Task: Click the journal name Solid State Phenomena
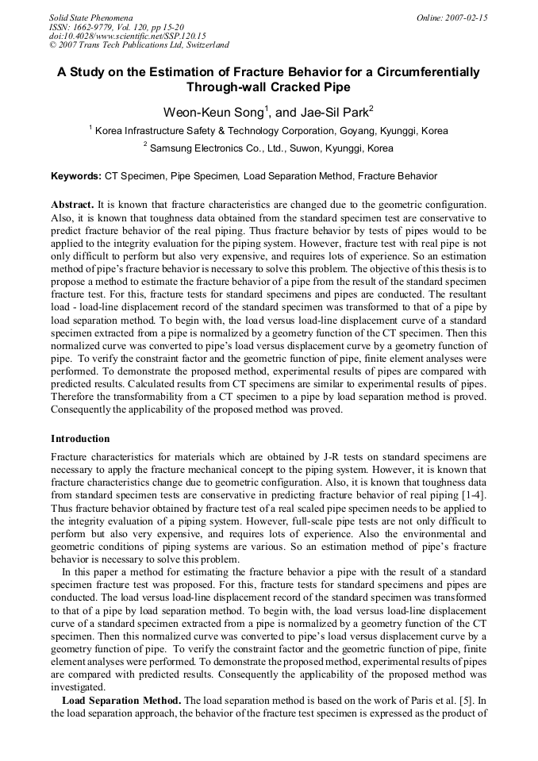(x=90, y=17)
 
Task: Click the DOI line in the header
(x=127, y=36)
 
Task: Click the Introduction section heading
(x=80, y=439)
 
